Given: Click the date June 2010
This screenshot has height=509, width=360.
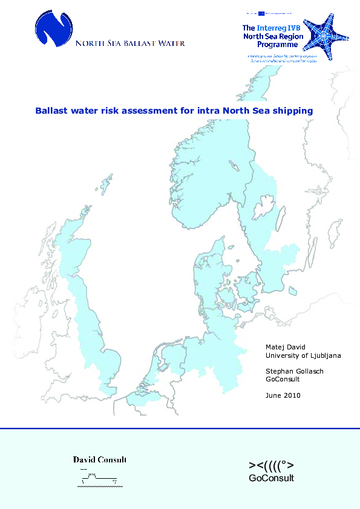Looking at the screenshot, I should tap(283, 395).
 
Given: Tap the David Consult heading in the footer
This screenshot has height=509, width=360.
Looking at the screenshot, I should tap(100, 460).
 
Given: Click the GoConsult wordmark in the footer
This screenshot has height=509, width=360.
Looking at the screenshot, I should tap(272, 478).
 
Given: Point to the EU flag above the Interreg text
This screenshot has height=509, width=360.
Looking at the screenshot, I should tap(262, 13).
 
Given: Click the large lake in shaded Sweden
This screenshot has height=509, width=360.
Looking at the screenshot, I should tap(264, 210).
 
